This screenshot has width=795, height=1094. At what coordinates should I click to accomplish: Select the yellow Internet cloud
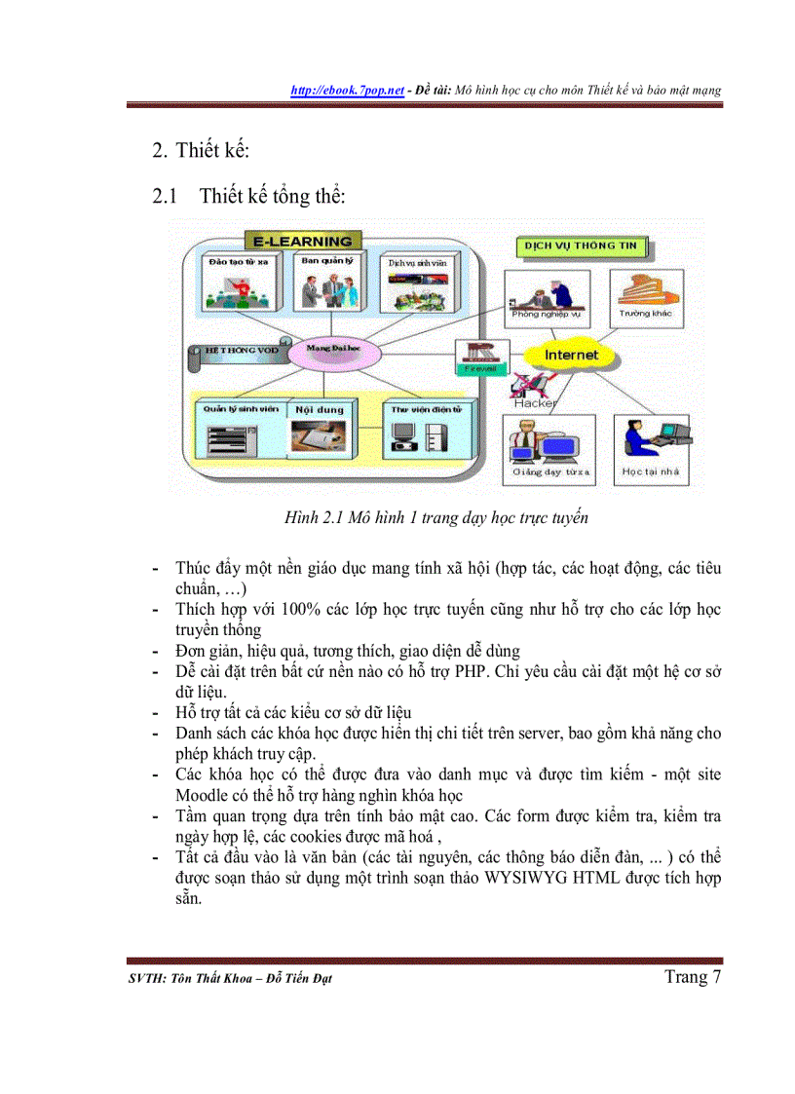[x=572, y=356]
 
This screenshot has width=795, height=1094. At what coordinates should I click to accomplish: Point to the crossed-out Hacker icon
[x=534, y=387]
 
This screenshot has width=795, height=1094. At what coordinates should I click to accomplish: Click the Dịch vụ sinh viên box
[x=418, y=283]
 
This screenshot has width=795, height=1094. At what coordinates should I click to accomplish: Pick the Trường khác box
[x=645, y=298]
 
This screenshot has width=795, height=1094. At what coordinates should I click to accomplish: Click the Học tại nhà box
[x=651, y=448]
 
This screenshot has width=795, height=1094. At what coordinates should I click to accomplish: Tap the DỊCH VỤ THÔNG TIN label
[x=581, y=246]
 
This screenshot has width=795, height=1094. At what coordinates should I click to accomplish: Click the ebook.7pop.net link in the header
[x=348, y=90]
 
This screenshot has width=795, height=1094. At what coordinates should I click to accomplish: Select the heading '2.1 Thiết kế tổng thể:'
[x=249, y=196]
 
